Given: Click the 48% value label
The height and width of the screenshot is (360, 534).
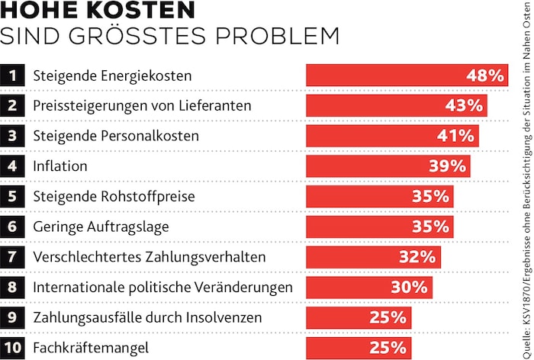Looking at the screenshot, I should tap(484, 76).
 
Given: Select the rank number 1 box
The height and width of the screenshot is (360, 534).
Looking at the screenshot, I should tap(12, 76).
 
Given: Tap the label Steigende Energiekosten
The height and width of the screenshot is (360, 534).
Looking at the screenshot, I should tap(111, 76).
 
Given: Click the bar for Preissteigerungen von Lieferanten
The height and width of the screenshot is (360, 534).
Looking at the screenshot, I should tap(396, 106).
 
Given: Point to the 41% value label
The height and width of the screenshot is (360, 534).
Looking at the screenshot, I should tap(455, 136).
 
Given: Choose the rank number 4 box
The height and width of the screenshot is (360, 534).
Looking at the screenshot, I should tap(12, 166).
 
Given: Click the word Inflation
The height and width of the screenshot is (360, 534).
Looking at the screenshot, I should tap(60, 166).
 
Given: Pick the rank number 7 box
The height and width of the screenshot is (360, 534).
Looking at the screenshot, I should tap(12, 257).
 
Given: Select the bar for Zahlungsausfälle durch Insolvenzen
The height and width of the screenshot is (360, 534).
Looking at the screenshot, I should tap(359, 317).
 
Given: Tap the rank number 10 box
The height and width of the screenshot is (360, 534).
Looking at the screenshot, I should tap(12, 348).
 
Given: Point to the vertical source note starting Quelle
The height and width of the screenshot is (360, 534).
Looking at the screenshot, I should tap(525, 180).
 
